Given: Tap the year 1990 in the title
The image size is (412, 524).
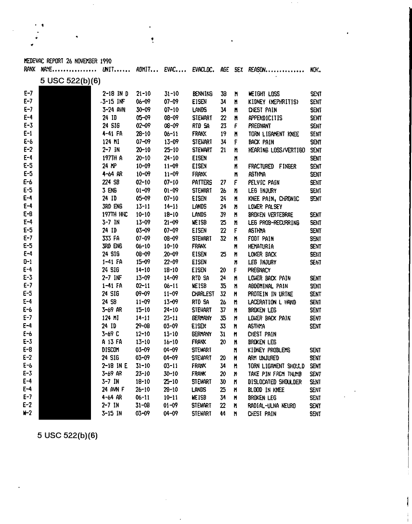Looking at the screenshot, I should coord(106,61).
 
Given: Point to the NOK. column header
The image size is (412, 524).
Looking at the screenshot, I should coord(316,70).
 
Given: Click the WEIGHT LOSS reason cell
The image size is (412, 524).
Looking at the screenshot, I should coord(264,94).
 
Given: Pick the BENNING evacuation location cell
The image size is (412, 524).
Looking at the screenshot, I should coord(202,94).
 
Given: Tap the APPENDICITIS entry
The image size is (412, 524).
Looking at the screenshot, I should coord(265,118).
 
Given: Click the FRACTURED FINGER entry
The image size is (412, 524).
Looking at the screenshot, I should coord(272,166).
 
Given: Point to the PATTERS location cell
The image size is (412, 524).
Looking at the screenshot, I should coord(202,183).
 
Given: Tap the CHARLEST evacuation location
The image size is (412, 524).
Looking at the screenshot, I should coord(203,294).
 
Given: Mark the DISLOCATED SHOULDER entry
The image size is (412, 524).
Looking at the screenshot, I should coord(275,382).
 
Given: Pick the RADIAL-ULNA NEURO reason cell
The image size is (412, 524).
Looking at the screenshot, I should coord(271,406).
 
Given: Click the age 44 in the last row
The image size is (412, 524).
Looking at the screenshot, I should coord(223,414).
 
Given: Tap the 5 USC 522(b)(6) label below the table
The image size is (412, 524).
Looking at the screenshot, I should coord(67,435).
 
